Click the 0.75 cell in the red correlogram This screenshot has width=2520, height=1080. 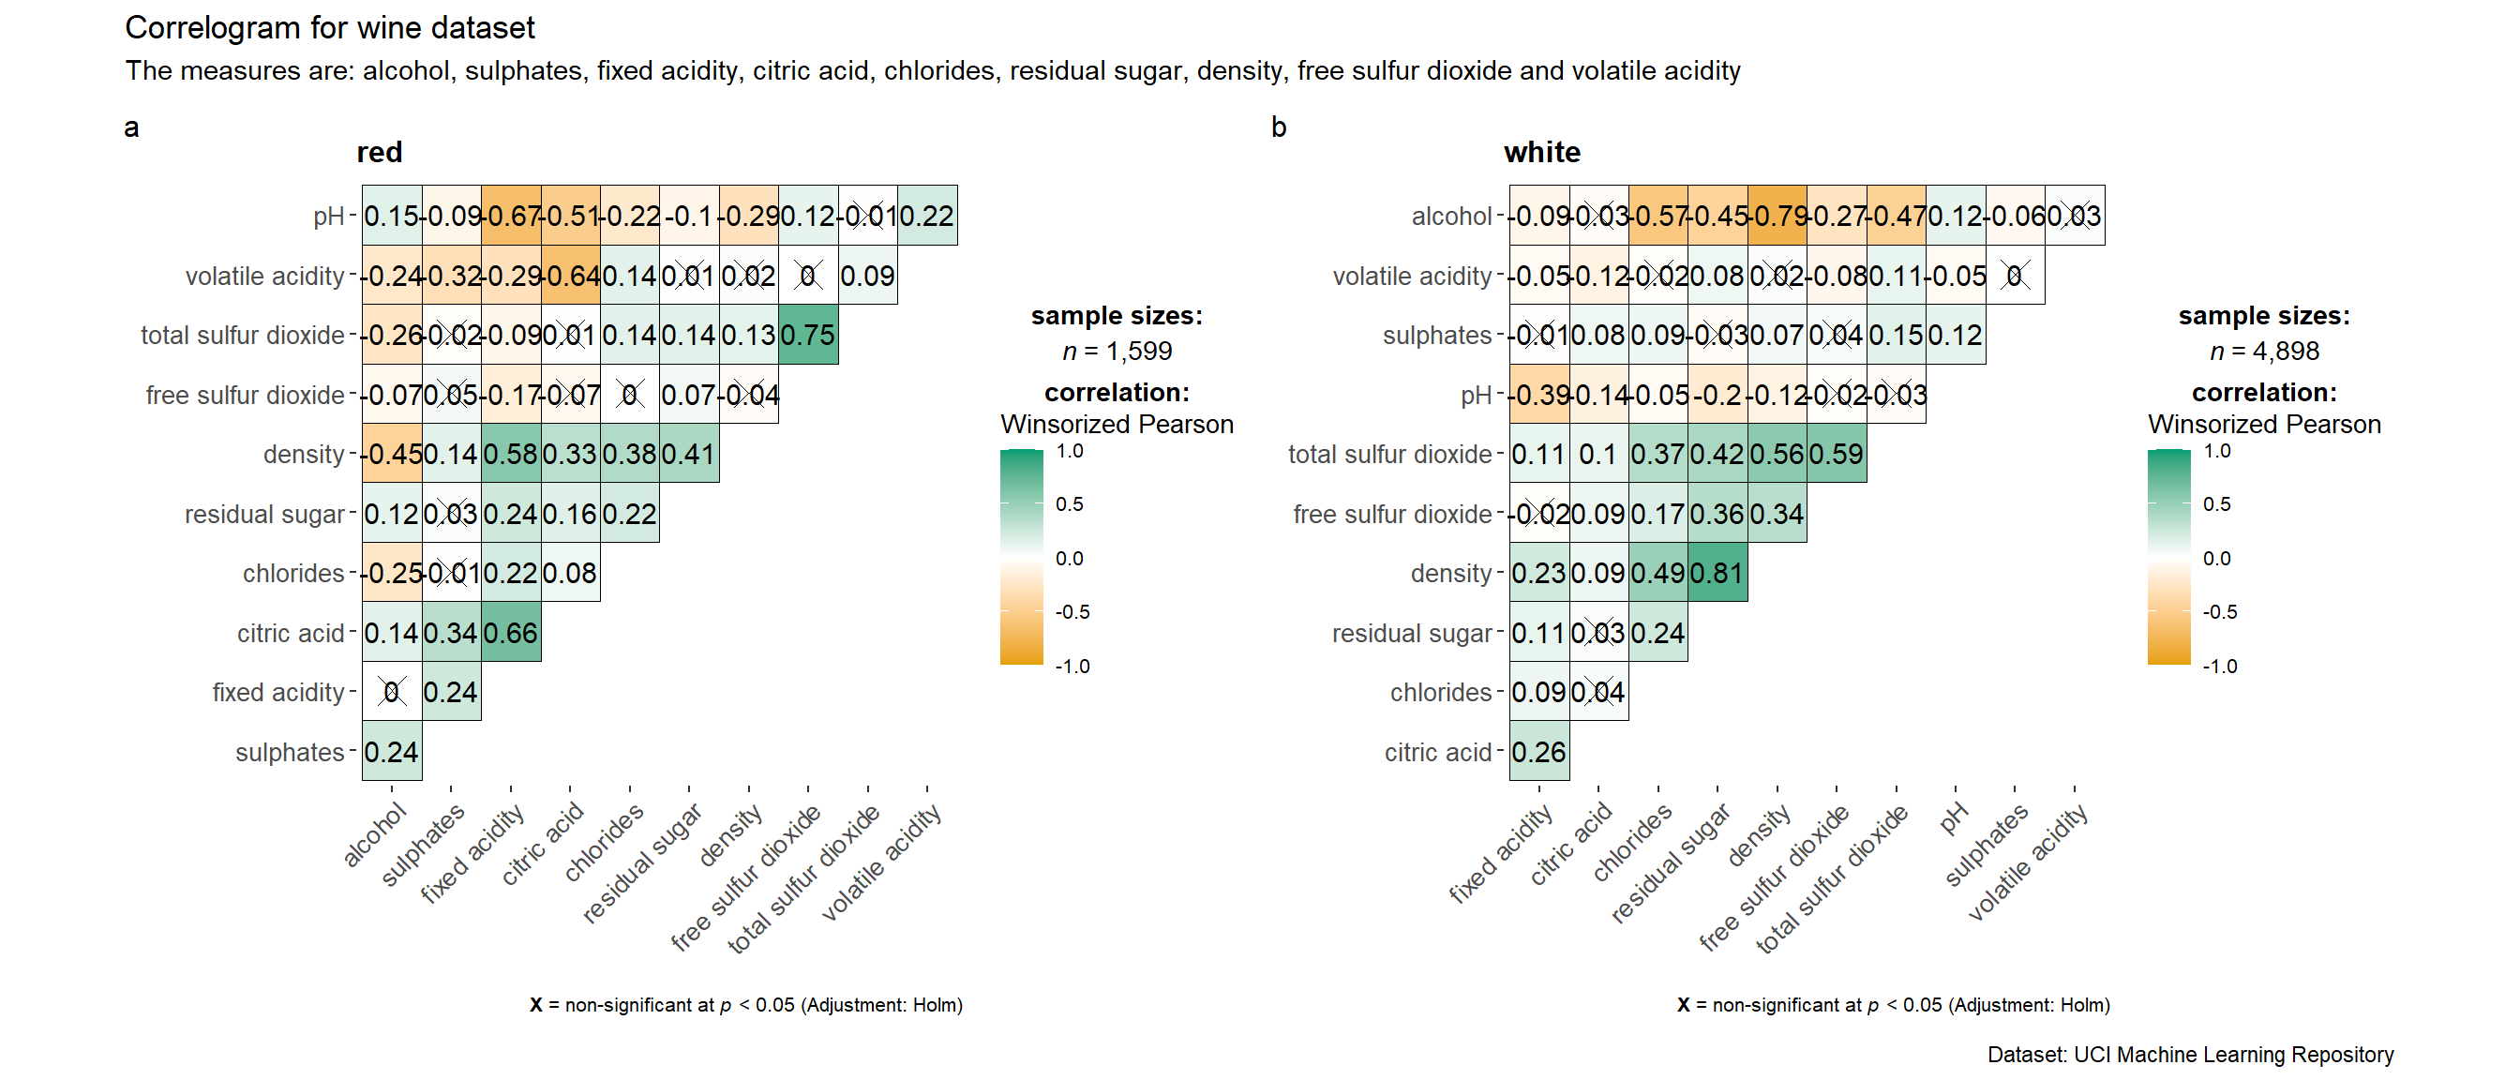[x=808, y=336]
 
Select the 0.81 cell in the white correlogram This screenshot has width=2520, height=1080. [x=1717, y=573]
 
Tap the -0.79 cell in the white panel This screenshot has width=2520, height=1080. [x=1777, y=217]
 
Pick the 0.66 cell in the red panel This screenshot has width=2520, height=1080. [x=511, y=633]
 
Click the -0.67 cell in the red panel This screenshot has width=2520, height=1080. [x=511, y=217]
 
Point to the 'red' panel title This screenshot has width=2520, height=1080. [x=380, y=153]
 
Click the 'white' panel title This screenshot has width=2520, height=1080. [x=1542, y=153]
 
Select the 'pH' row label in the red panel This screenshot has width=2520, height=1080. [x=329, y=217]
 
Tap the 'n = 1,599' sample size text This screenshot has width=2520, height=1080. [x=1117, y=352]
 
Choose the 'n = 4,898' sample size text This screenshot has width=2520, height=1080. [x=2264, y=352]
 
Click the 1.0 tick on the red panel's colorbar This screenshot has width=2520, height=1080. [x=1071, y=451]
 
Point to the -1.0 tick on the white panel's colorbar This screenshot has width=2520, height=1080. [x=2220, y=667]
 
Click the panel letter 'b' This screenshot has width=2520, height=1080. [x=1279, y=128]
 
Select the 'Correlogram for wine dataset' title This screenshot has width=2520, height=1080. [x=330, y=28]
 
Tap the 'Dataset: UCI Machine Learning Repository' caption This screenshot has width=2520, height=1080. [x=2190, y=1055]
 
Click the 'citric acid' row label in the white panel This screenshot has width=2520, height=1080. [x=1437, y=752]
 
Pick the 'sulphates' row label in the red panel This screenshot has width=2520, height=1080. [x=290, y=752]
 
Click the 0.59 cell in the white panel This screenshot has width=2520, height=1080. [x=1837, y=455]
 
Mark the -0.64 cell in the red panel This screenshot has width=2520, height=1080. [x=570, y=276]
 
